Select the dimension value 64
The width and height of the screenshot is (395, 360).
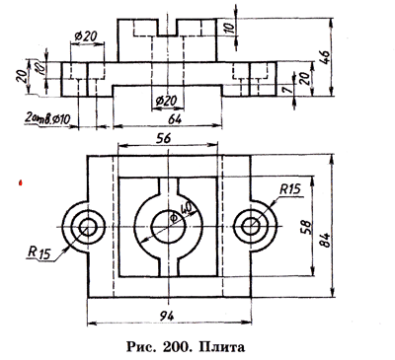click(x=174, y=118)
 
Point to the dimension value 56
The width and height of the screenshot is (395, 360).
click(x=164, y=139)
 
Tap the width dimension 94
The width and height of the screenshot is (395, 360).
click(x=167, y=317)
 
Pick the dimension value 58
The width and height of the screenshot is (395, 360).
click(x=306, y=227)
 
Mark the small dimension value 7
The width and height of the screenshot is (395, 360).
click(x=287, y=90)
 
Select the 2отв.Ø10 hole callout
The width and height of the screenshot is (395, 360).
click(x=47, y=118)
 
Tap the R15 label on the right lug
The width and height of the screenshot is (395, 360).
click(x=290, y=189)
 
